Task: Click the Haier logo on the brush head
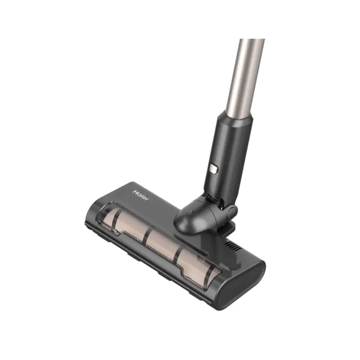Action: (x=141, y=195)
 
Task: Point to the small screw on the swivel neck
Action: (x=189, y=212)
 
